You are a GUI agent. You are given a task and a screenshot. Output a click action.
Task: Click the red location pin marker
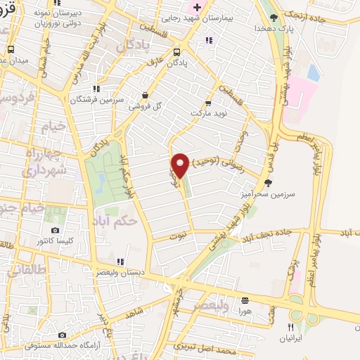(181, 165)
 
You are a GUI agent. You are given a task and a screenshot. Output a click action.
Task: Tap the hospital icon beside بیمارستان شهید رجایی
(198, 8)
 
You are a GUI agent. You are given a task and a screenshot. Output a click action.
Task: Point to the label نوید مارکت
(210, 112)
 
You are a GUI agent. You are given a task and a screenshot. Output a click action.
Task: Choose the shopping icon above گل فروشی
(145, 95)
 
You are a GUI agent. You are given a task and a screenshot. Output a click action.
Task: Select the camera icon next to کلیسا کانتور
(56, 230)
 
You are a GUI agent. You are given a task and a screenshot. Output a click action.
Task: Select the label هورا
(244, 310)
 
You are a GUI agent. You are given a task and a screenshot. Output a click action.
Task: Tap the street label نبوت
(179, 237)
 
